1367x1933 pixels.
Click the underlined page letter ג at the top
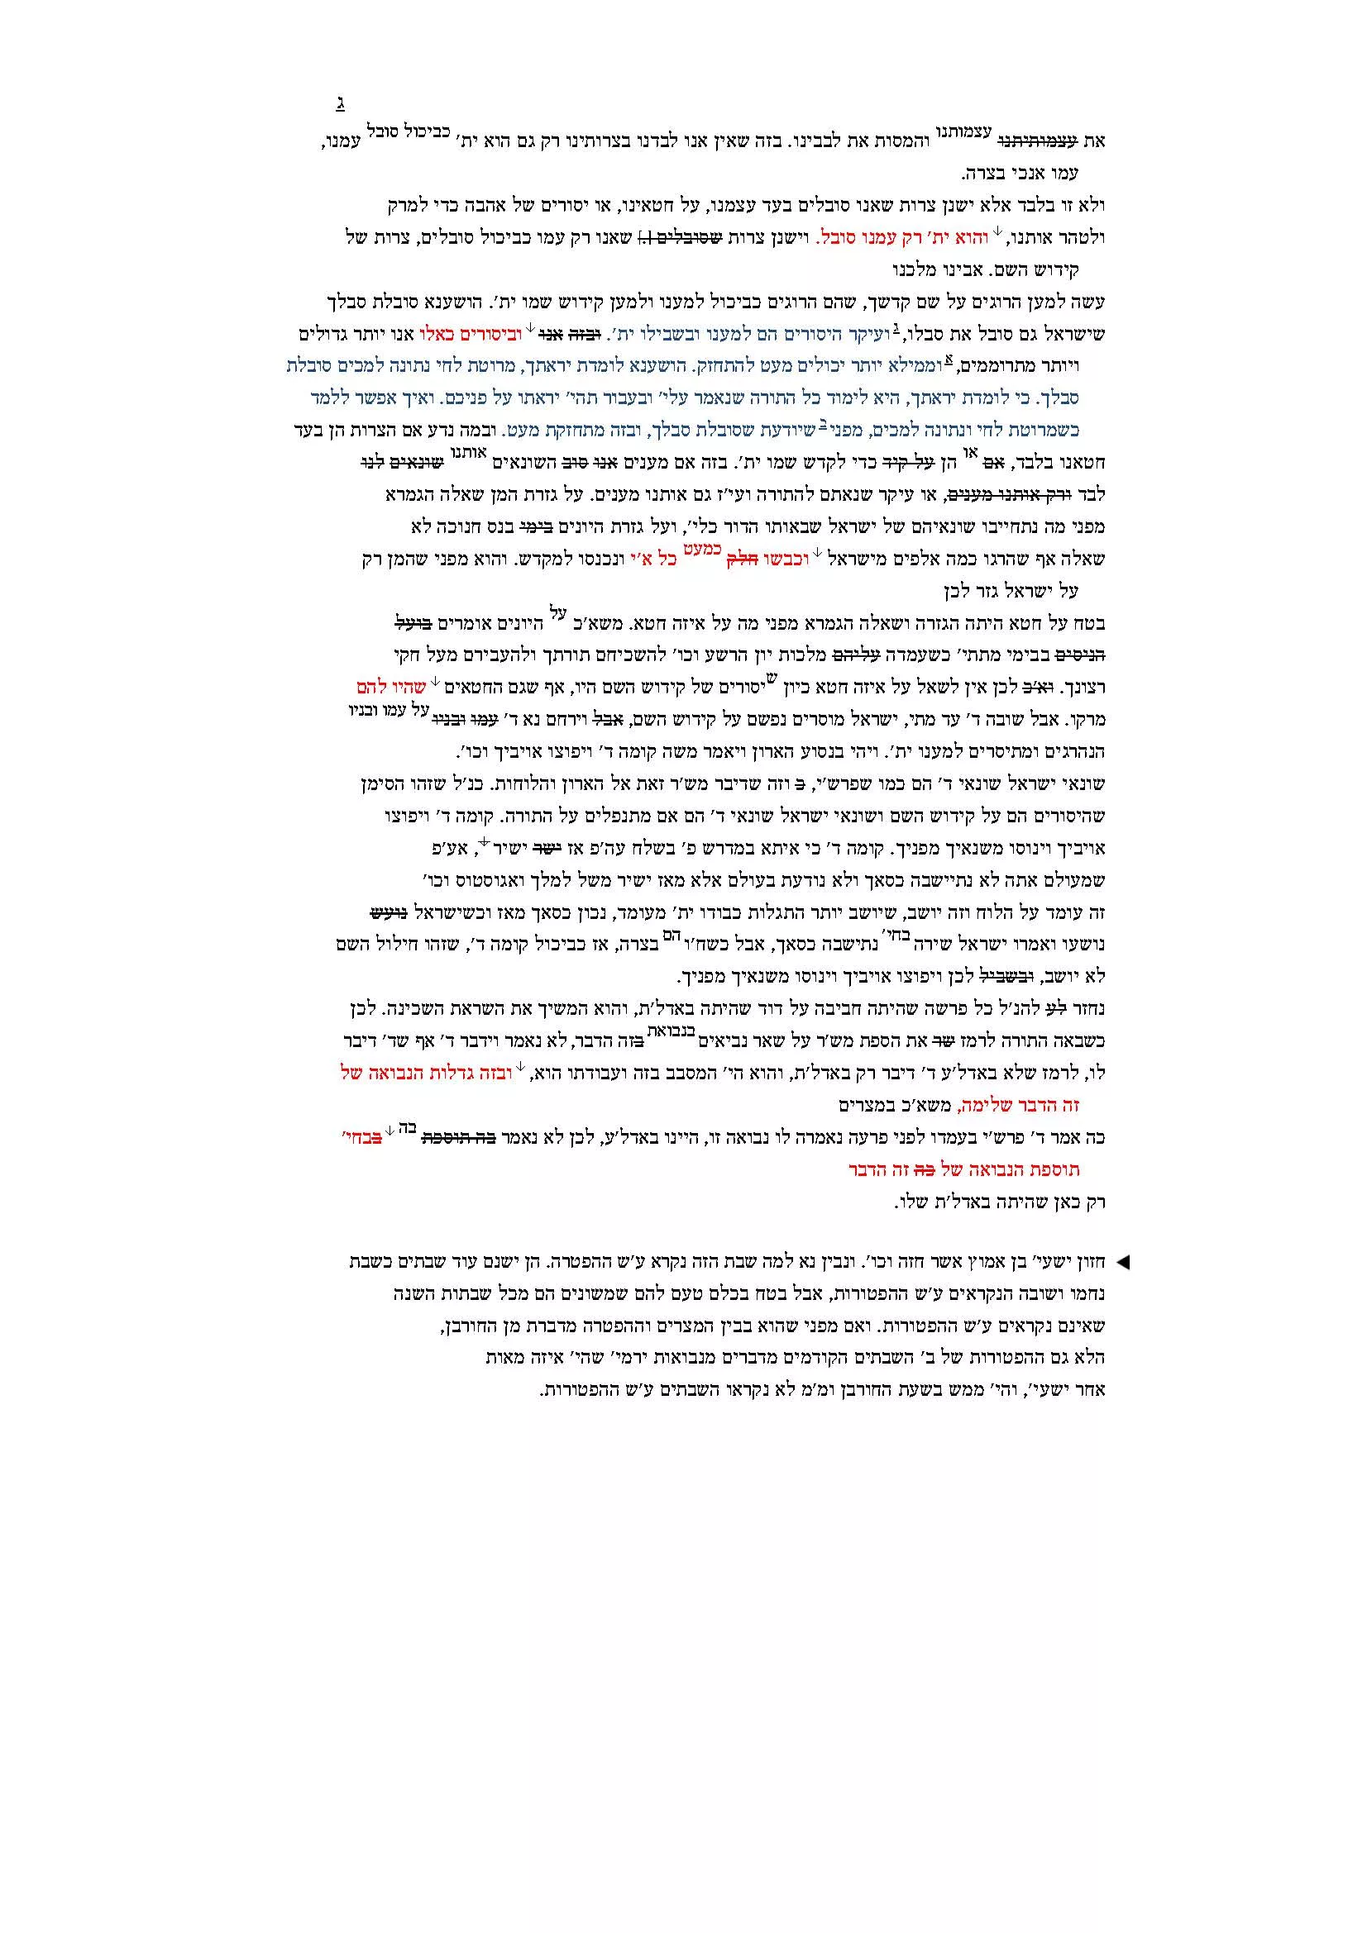[340, 104]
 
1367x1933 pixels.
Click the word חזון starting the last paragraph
[1087, 1262]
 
